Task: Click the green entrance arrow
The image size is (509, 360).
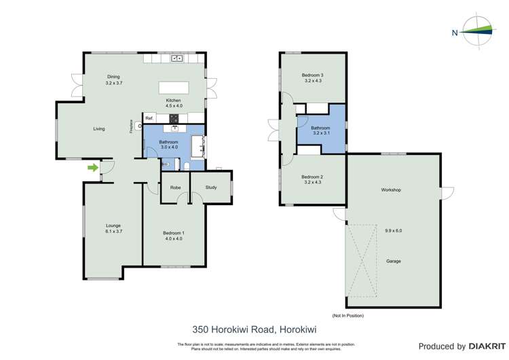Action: [x=92, y=168]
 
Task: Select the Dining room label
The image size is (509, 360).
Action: [x=113, y=76]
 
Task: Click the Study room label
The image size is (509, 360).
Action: [x=210, y=187]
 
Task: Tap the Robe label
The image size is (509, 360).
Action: [x=175, y=187]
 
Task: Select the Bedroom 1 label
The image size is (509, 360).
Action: [x=173, y=233]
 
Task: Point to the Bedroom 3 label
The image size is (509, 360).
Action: [x=313, y=75]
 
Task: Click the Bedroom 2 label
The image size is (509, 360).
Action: [x=313, y=176]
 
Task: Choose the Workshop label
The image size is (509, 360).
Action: [x=391, y=190]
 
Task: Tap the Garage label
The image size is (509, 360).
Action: [x=393, y=261]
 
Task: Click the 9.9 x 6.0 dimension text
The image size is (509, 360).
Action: [x=393, y=230]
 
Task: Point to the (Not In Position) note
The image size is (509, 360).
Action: [x=347, y=316]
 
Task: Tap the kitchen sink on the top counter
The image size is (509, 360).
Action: [x=176, y=59]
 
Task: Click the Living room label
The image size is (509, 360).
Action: [x=99, y=128]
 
